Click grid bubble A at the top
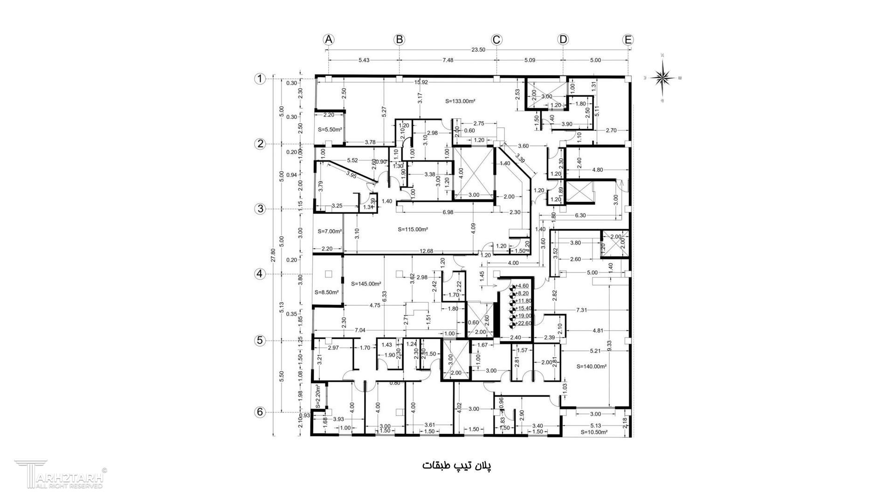[329, 40]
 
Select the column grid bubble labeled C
[496, 40]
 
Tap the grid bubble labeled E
[628, 40]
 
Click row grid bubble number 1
[260, 79]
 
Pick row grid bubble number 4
[260, 274]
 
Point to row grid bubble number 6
[260, 412]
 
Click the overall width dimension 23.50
[479, 50]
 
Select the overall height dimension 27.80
[274, 256]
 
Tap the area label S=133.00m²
[460, 101]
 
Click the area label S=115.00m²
[413, 229]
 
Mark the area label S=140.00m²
[592, 367]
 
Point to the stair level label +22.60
[523, 323]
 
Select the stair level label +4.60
[522, 286]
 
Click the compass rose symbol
[662, 77]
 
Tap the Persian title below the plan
[457, 466]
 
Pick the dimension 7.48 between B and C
[447, 60]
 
